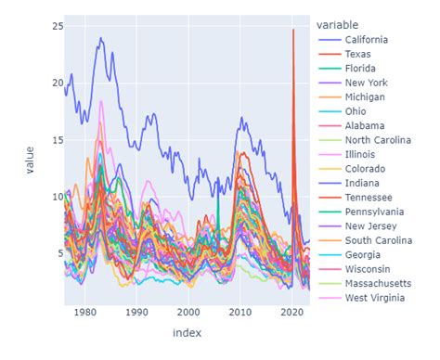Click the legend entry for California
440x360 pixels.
365,40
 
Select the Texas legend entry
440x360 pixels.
358,55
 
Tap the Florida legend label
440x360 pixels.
360,70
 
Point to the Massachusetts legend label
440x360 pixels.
381,282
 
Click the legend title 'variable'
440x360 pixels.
337,24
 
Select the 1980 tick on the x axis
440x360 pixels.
85,313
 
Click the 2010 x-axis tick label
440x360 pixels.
241,313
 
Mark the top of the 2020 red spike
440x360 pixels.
293,30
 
